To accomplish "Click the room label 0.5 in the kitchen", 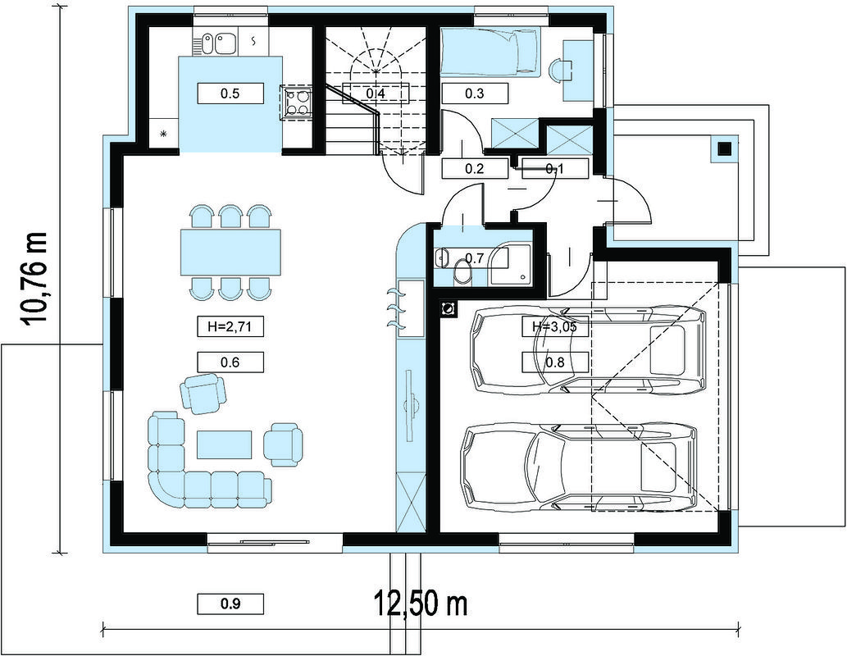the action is tap(230, 93).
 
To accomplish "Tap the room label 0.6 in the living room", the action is tap(230, 362).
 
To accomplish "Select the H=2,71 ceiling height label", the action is tap(230, 326).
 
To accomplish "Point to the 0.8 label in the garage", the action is tap(555, 362).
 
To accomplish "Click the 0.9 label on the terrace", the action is tap(230, 604).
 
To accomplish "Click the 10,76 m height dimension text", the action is tap(34, 279).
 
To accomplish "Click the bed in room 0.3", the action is tap(490, 52).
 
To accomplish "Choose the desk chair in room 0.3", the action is tap(560, 70).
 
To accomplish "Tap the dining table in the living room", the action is tap(230, 253).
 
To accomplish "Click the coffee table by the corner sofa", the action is tap(225, 444).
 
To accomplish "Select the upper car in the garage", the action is tap(588, 350).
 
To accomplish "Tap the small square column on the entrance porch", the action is tap(724, 148).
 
